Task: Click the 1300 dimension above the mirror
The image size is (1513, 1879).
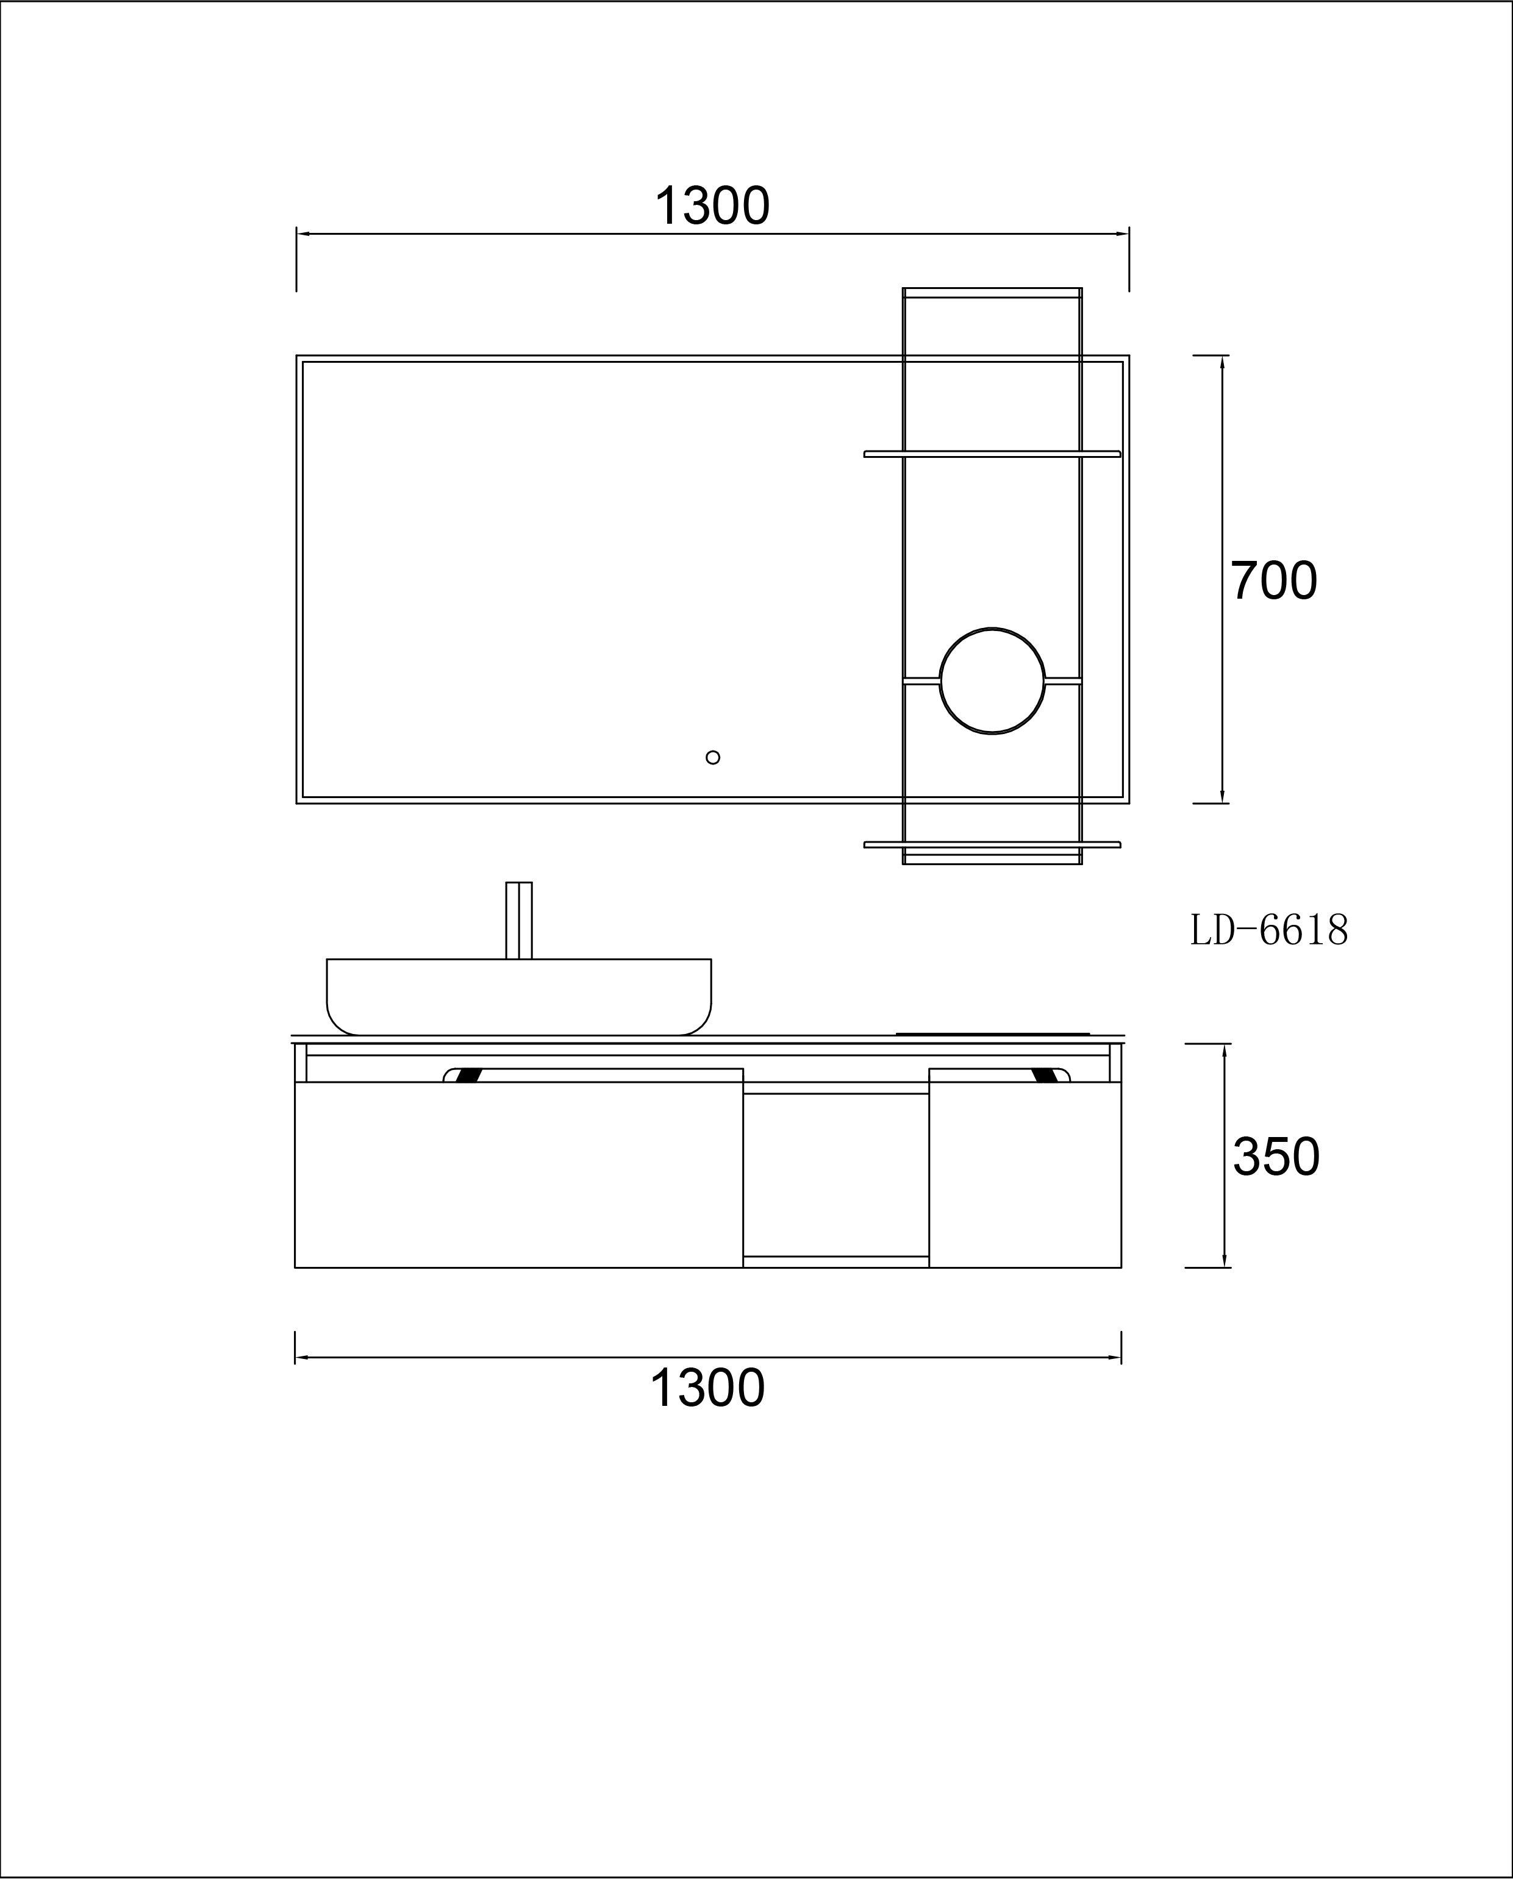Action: [712, 207]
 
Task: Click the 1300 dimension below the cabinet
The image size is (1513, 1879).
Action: [707, 1388]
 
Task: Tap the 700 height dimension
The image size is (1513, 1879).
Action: [1273, 580]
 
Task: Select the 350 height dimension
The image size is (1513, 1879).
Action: [1276, 1157]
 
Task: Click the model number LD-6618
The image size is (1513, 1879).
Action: [1269, 931]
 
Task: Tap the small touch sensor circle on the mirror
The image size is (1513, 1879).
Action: [713, 757]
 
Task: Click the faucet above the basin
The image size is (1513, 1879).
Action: [518, 921]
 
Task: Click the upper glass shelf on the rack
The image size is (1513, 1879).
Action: [992, 453]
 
